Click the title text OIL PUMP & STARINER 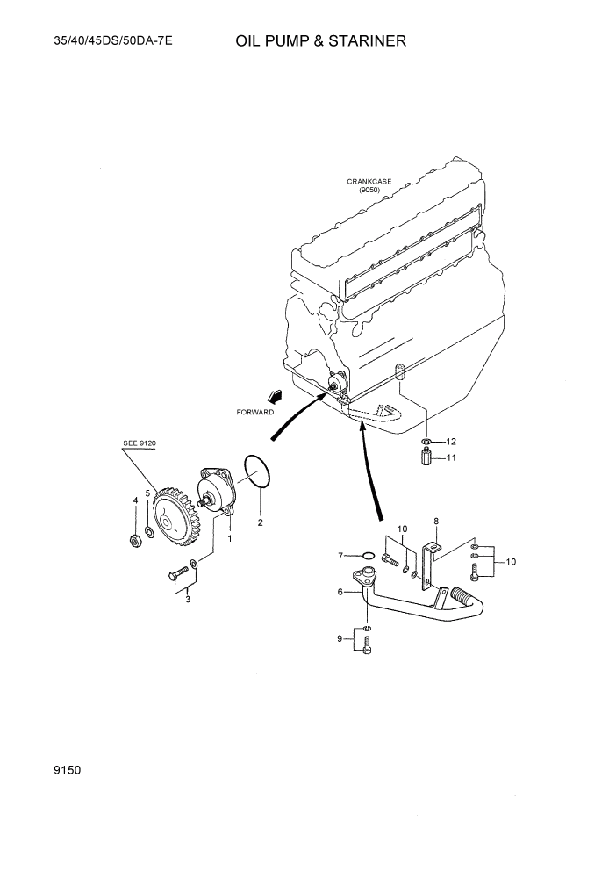coord(320,41)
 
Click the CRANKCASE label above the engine coord(369,182)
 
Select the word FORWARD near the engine coord(255,411)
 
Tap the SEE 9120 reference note coord(139,444)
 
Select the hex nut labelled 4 coord(135,539)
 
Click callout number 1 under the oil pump coord(230,538)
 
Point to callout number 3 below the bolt coord(187,600)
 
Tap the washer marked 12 coord(426,442)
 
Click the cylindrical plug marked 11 coord(426,458)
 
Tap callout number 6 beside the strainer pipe coord(340,593)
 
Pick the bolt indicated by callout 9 coord(367,646)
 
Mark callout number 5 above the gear coord(148,493)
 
